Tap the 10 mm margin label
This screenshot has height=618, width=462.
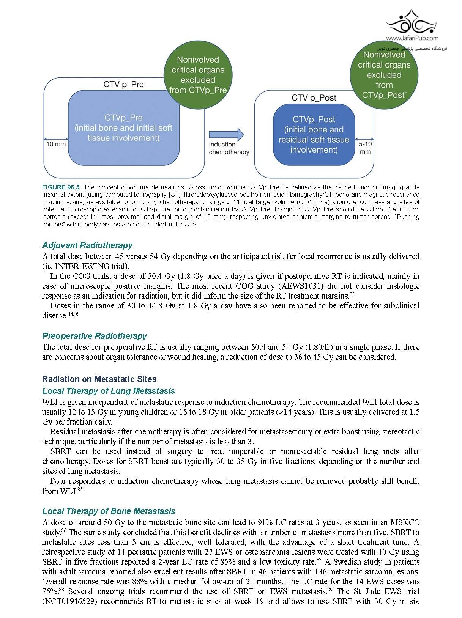pyautogui.click(x=56, y=144)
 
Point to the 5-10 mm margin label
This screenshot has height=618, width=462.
pyautogui.click(x=365, y=148)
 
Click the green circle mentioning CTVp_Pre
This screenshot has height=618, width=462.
pyautogui.click(x=198, y=75)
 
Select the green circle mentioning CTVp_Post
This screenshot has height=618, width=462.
pyautogui.click(x=384, y=75)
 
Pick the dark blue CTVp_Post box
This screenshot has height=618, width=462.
pyautogui.click(x=314, y=135)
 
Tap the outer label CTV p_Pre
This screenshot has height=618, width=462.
pyautogui.click(x=123, y=84)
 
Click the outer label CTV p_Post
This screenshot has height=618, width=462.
pyautogui.click(x=314, y=98)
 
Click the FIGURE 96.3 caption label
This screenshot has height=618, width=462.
pyautogui.click(x=61, y=187)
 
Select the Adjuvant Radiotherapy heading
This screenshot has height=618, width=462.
pyautogui.click(x=87, y=245)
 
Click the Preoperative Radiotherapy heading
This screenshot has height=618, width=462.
pyautogui.click(x=95, y=336)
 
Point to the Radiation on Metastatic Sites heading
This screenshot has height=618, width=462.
pyautogui.click(x=99, y=379)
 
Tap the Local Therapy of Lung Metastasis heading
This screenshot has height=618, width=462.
pyautogui.click(x=109, y=391)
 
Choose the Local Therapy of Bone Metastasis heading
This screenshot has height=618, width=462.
pyautogui.click(x=109, y=511)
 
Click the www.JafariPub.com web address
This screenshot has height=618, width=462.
pyautogui.click(x=412, y=38)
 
